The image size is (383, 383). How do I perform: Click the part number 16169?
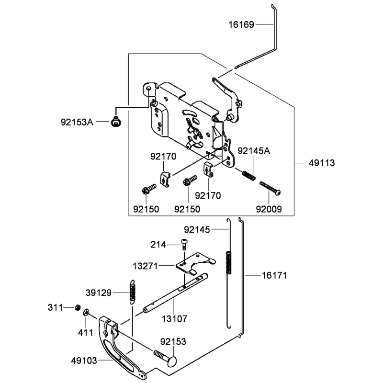click(241, 24)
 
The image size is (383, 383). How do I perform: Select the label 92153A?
click(77, 122)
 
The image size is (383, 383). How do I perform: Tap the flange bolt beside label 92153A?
click(116, 122)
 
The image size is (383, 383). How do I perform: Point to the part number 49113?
click(322, 163)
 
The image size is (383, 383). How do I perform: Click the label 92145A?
click(254, 151)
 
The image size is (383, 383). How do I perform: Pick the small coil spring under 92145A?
click(249, 175)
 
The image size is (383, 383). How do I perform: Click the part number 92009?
click(269, 209)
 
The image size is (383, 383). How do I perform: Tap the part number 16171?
click(274, 276)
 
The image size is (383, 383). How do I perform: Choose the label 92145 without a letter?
click(197, 230)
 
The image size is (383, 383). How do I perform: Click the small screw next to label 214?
click(184, 244)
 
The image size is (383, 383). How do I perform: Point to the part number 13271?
click(146, 266)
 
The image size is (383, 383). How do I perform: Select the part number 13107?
click(175, 318)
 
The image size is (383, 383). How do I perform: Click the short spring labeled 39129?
click(133, 292)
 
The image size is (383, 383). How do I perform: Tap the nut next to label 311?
click(78, 307)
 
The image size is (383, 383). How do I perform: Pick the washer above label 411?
click(86, 312)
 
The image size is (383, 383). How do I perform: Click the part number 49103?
click(84, 360)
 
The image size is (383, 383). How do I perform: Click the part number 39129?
click(99, 293)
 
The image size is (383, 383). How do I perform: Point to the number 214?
click(158, 244)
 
